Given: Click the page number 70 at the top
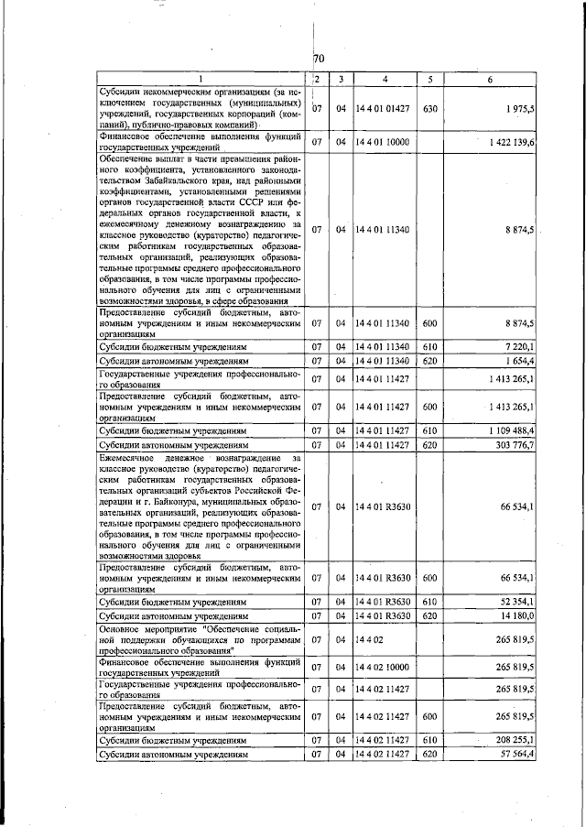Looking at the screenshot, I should point(319,59).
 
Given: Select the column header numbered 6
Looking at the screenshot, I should point(490,80).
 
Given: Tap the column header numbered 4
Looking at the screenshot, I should point(385,80).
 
